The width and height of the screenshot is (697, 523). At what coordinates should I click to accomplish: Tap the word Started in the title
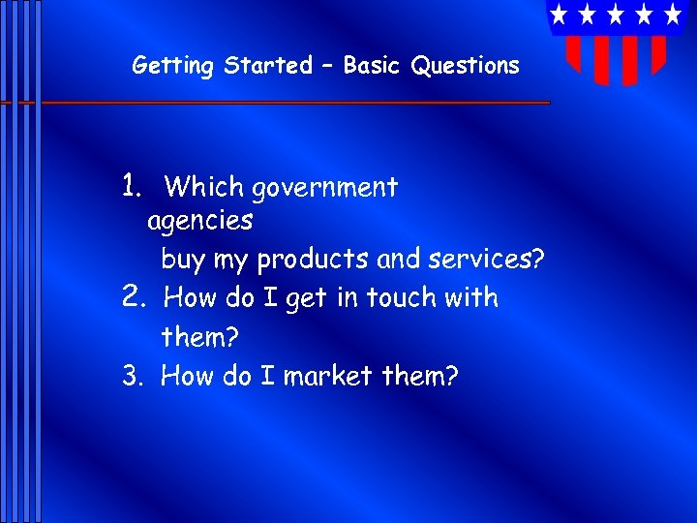pyautogui.click(x=268, y=66)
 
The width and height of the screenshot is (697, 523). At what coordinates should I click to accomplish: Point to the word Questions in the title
pyautogui.click(x=465, y=66)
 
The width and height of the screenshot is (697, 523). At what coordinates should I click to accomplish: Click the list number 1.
pyautogui.click(x=133, y=185)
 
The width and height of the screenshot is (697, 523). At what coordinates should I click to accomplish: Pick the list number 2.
pyautogui.click(x=133, y=296)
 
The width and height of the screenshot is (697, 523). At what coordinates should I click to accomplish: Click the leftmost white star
pyautogui.click(x=559, y=14)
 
